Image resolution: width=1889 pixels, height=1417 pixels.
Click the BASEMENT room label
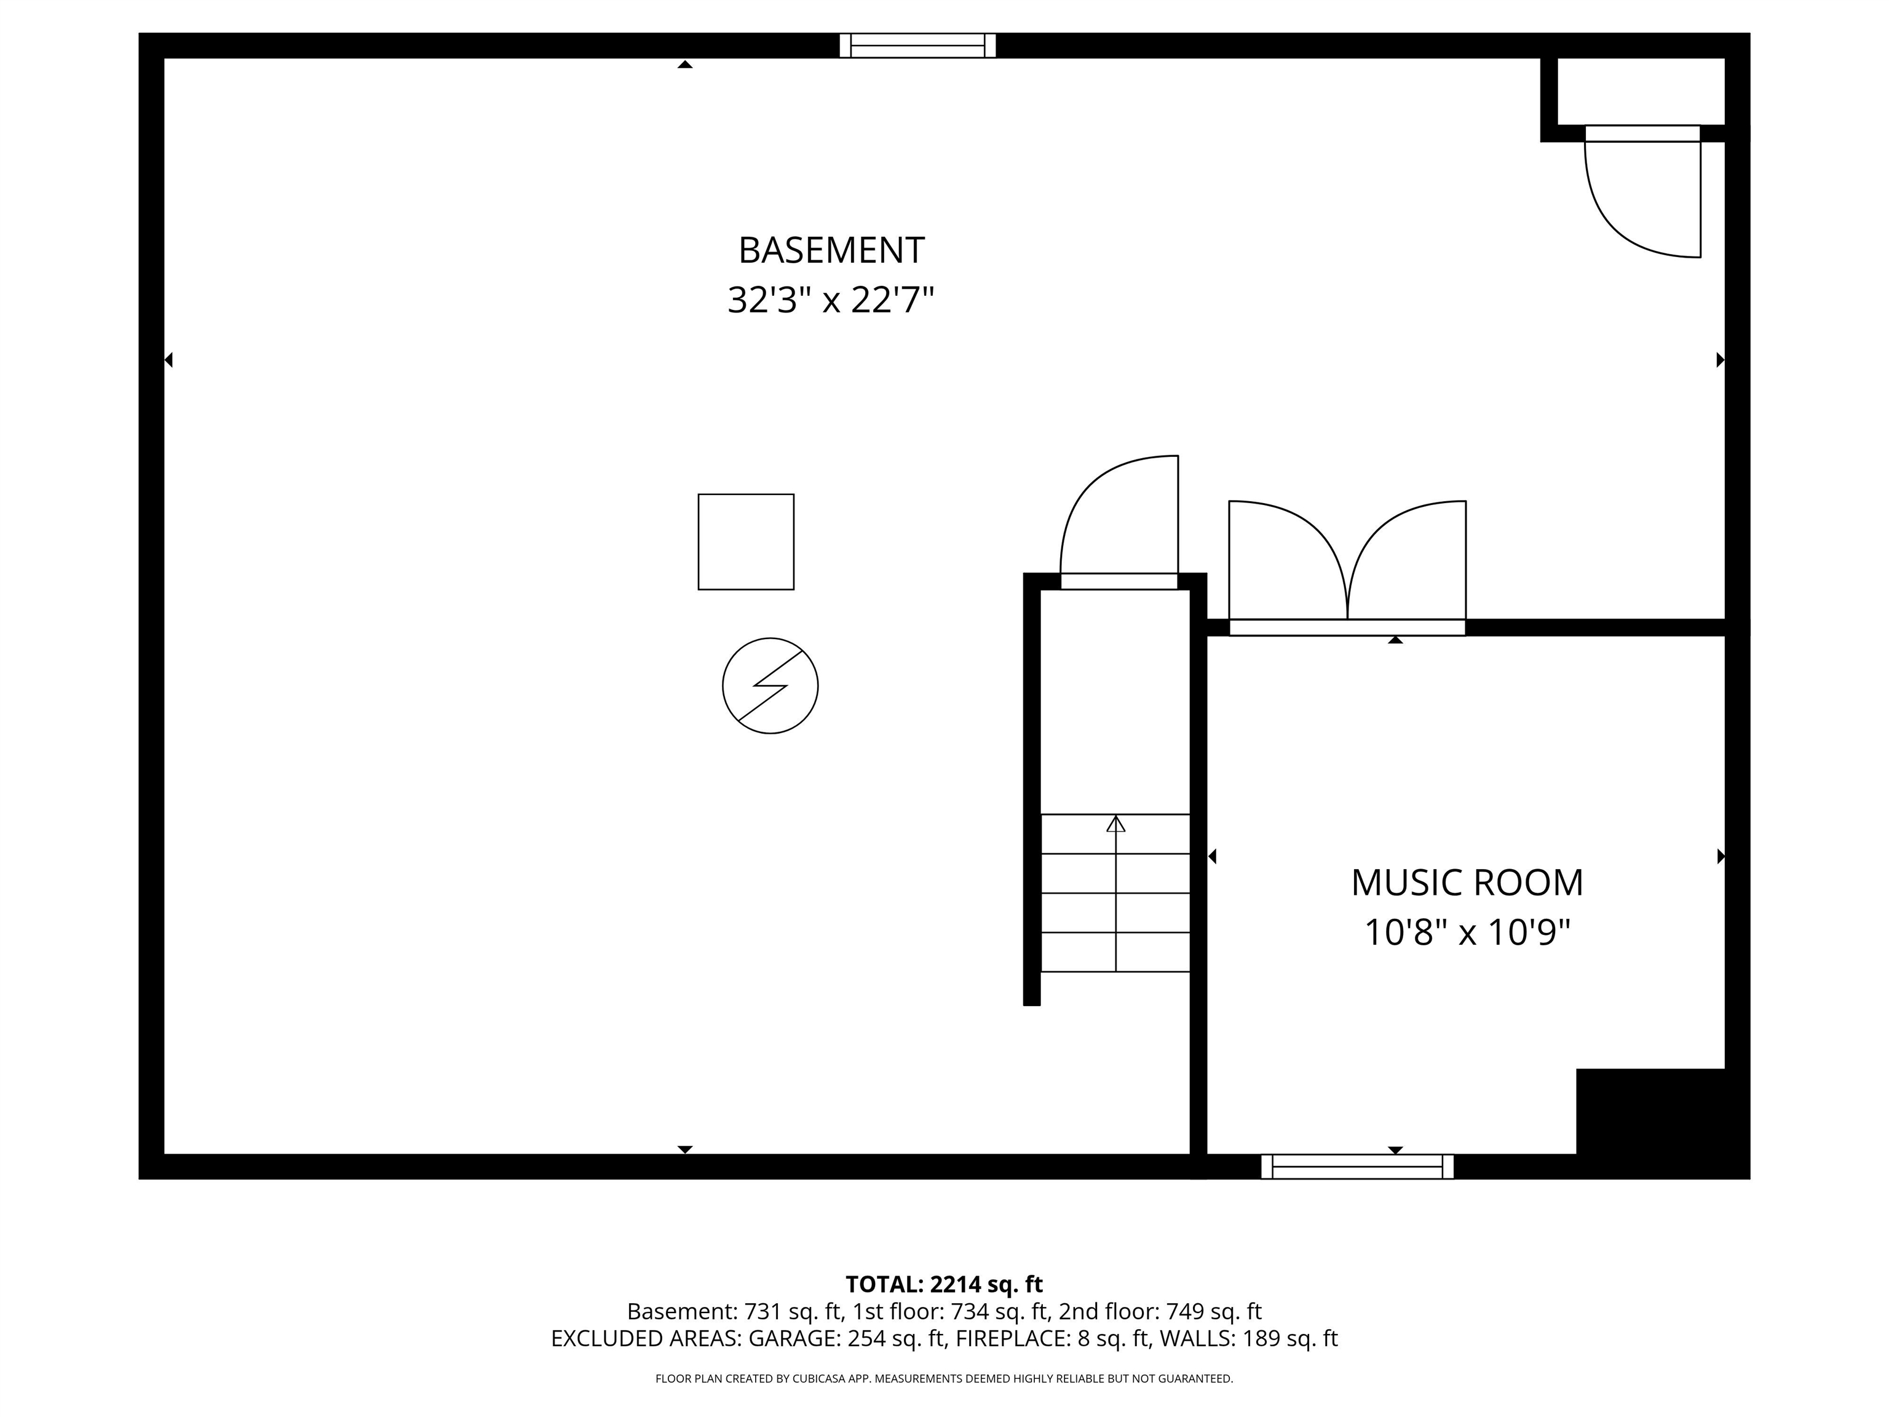pyautogui.click(x=831, y=250)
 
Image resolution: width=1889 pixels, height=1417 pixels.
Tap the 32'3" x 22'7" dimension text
pyautogui.click(x=831, y=301)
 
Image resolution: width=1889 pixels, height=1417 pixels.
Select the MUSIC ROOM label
pyautogui.click(x=1467, y=883)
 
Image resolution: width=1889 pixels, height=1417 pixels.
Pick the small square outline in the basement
pyautogui.click(x=745, y=541)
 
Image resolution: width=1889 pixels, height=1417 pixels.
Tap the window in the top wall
pyautogui.click(x=917, y=46)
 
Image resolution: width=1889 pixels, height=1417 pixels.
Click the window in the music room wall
pyautogui.click(x=1357, y=1166)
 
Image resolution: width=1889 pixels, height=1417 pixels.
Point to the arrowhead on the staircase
pyautogui.click(x=1115, y=824)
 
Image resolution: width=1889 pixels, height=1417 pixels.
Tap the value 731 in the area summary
pyautogui.click(x=762, y=1311)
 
